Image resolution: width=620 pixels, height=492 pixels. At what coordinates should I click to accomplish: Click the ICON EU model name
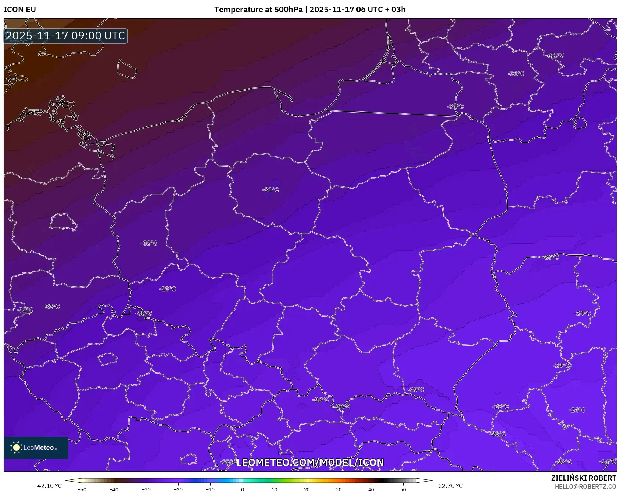(20, 10)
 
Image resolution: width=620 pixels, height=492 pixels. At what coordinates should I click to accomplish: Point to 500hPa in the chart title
(288, 10)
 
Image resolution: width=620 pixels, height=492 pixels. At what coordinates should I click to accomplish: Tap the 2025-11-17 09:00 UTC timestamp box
(65, 36)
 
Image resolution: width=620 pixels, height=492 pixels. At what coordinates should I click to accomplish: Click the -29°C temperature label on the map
(168, 289)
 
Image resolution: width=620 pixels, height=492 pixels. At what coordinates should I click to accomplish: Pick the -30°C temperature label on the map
(144, 314)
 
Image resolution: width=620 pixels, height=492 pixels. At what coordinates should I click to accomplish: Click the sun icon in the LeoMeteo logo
(16, 448)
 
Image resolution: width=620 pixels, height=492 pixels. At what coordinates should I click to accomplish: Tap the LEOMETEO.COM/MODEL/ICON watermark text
(310, 462)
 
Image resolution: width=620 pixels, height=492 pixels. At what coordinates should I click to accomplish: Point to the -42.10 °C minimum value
(48, 486)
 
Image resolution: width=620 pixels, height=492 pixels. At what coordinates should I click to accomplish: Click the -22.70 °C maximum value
(449, 486)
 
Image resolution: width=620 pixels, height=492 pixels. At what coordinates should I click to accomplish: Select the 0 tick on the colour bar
(242, 489)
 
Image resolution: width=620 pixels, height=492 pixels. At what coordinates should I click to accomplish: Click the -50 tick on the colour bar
(82, 489)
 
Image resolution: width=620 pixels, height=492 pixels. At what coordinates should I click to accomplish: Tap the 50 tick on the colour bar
(403, 489)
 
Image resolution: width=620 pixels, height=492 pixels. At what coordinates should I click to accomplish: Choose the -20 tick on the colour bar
(178, 489)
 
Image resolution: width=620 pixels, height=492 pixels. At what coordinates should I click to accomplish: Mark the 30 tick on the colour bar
(339, 489)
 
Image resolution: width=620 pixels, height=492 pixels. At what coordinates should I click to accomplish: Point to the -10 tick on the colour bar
(210, 489)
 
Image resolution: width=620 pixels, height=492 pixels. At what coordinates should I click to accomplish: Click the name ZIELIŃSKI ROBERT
(583, 478)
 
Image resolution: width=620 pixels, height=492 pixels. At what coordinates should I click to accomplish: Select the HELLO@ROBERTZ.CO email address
(585, 486)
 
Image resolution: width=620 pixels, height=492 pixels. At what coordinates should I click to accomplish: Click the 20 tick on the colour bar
(307, 489)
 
